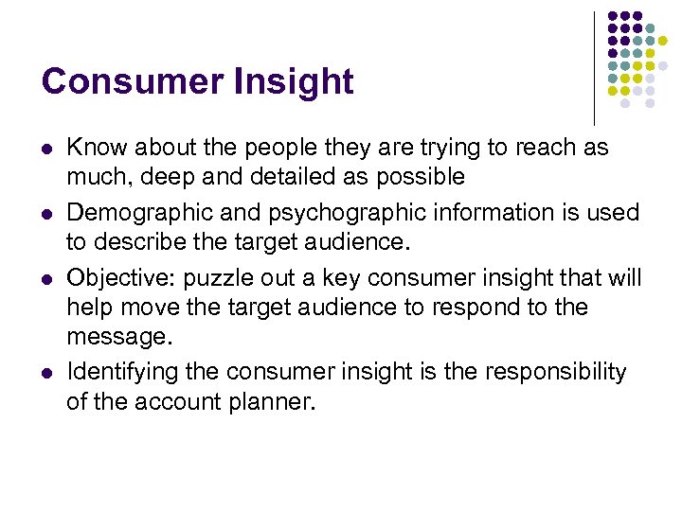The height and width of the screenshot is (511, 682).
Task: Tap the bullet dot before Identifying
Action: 46,374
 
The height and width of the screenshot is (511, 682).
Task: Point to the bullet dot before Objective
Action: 46,280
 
